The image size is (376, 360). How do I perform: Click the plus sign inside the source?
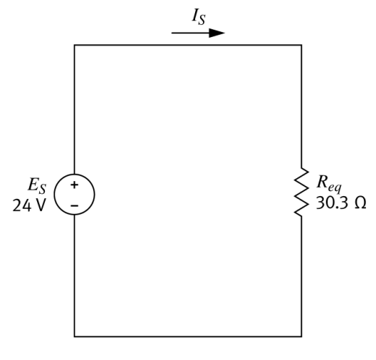[x=75, y=185]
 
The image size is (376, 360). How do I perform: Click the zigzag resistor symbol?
[x=301, y=192]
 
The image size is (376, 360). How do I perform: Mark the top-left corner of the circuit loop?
[x=75, y=45]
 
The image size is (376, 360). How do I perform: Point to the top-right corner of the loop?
[x=301, y=45]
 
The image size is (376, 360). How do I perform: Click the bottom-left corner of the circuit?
[x=75, y=336]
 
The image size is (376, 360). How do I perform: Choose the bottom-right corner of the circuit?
[x=301, y=336]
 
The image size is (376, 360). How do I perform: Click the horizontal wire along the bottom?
[x=188, y=336]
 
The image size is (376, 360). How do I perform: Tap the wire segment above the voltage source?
[x=75, y=107]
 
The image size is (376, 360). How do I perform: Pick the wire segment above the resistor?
[x=301, y=107]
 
